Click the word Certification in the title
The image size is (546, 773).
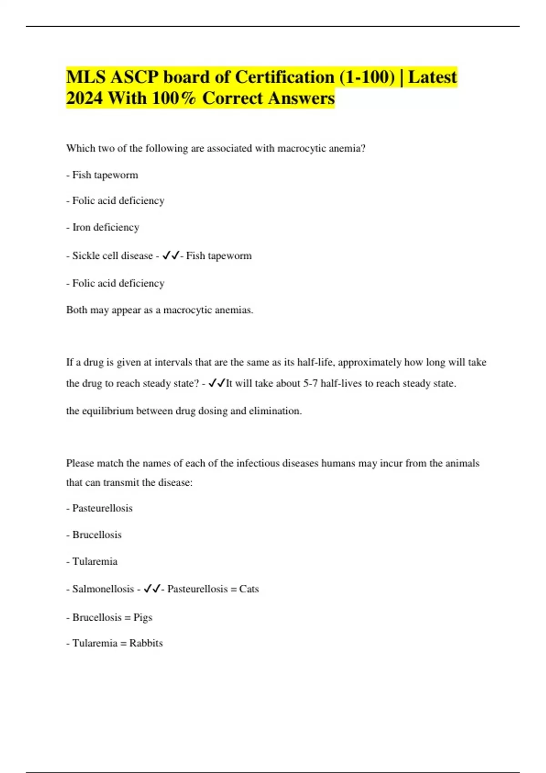pyautogui.click(x=284, y=77)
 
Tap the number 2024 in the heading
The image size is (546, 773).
pyautogui.click(x=84, y=98)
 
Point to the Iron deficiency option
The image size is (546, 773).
pyautogui.click(x=106, y=227)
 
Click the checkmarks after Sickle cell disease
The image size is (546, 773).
pyautogui.click(x=171, y=256)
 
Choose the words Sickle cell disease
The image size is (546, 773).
pyautogui.click(x=112, y=256)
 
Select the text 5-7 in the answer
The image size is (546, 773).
pyautogui.click(x=310, y=383)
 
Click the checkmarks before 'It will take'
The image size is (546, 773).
pyautogui.click(x=217, y=383)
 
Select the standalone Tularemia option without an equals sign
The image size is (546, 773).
pyautogui.click(x=95, y=562)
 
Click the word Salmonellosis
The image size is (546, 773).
pyautogui.click(x=103, y=589)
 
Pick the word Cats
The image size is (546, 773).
pyautogui.click(x=249, y=589)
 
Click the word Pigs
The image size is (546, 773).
pyautogui.click(x=143, y=617)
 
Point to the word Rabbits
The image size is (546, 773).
pyautogui.click(x=146, y=643)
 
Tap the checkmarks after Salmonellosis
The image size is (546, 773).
pyautogui.click(x=152, y=589)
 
